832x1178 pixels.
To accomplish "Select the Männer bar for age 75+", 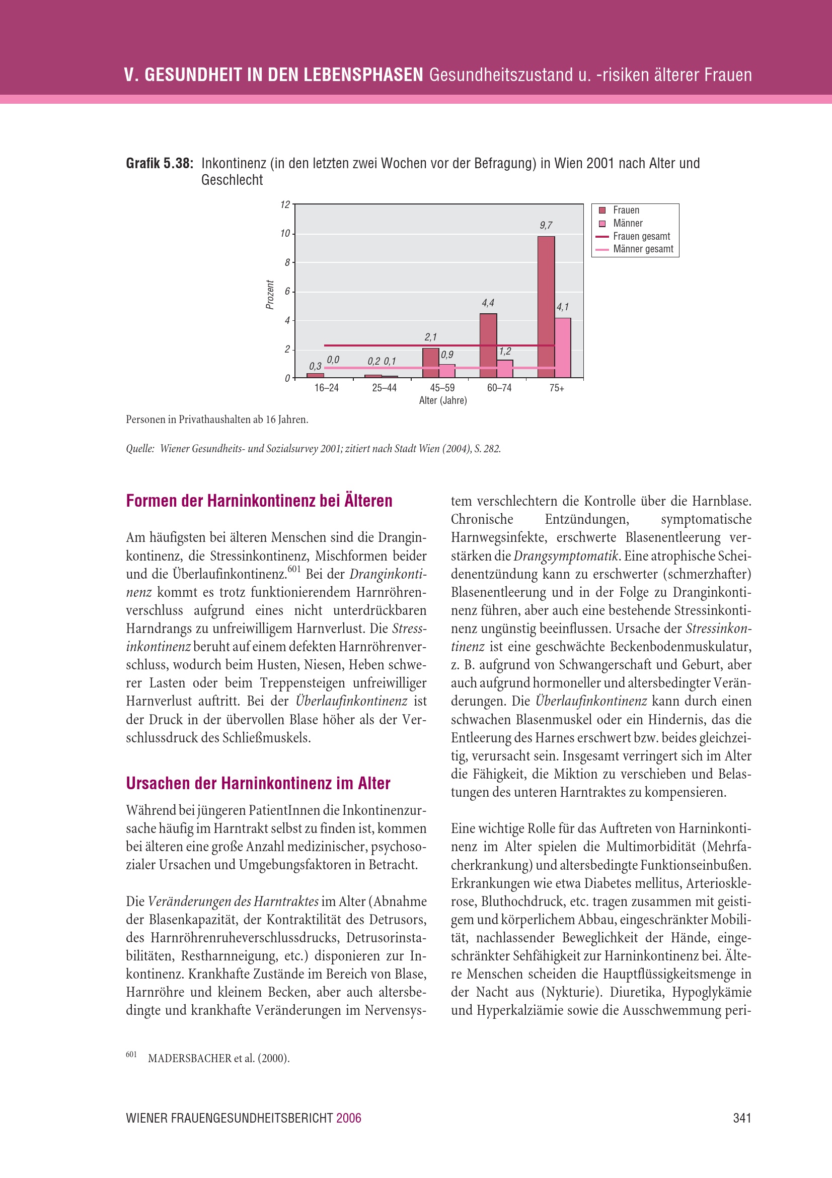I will (562, 348).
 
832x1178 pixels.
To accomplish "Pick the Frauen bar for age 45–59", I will (431, 363).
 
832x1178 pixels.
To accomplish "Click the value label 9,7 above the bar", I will (546, 225).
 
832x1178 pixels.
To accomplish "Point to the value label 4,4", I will (488, 303).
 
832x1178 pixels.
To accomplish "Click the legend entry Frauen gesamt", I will (641, 237).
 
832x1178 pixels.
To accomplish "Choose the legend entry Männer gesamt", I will (643, 249).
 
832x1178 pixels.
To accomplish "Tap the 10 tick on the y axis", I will (285, 234).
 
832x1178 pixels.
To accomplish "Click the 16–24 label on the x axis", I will (327, 388).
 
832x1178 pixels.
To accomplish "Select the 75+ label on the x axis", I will (557, 388).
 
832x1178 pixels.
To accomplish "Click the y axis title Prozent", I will (270, 295).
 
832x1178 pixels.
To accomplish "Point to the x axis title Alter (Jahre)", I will (443, 401).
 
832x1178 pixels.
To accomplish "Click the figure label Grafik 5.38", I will (160, 164).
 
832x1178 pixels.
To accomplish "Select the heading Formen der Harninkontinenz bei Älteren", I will (259, 501).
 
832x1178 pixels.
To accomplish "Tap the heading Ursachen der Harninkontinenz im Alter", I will (258, 784).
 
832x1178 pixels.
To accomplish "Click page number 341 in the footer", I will (742, 1118).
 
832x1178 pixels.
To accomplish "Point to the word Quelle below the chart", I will (140, 449).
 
